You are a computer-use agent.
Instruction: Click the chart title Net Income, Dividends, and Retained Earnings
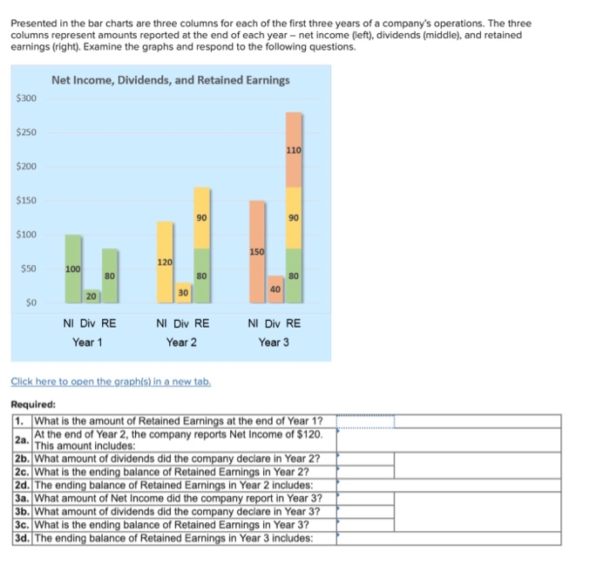point(171,80)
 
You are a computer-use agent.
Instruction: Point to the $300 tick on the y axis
point(26,99)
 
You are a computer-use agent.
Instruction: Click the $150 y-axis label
point(26,201)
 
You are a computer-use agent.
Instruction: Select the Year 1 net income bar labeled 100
point(74,266)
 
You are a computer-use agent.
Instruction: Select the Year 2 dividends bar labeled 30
point(183,292)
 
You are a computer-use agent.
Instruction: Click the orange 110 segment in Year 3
point(294,150)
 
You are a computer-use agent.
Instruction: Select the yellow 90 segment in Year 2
point(201,217)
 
